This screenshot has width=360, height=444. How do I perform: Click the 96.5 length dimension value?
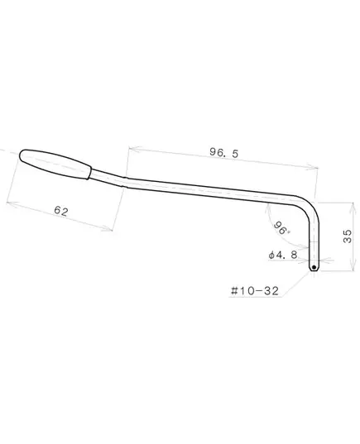[224, 153]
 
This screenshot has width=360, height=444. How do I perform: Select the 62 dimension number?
[61, 211]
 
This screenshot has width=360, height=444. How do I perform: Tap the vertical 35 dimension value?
[348, 236]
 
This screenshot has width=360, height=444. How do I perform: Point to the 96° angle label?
[281, 227]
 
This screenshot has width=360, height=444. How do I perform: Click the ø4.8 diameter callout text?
[283, 255]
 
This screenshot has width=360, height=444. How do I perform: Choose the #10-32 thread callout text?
[255, 291]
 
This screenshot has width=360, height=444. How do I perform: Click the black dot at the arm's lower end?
[314, 267]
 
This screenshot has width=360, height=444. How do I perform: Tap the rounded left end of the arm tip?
[21, 155]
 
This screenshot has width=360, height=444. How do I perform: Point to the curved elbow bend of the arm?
[310, 204]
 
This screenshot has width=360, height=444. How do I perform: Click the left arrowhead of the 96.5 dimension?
[133, 149]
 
